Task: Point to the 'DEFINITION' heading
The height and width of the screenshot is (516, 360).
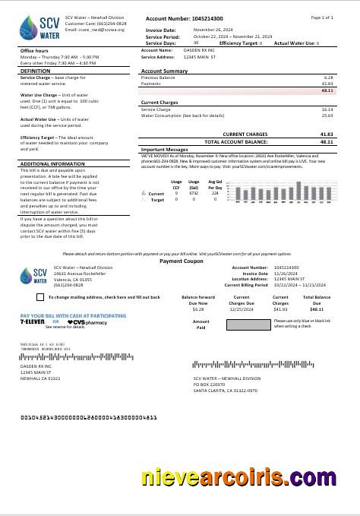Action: point(35,71)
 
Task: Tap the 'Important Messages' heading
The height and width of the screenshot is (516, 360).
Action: point(165,150)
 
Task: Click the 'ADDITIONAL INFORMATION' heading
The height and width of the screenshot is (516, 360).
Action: point(52,163)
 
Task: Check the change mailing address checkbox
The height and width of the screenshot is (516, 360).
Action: point(40,297)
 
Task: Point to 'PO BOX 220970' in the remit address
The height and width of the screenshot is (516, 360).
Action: point(210,384)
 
